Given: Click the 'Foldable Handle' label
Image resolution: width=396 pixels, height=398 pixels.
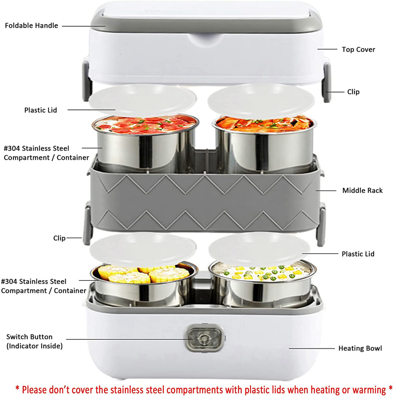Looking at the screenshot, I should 31,25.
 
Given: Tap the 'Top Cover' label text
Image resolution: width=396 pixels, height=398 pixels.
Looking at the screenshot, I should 358,50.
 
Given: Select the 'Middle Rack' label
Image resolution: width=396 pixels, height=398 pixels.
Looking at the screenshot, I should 362,190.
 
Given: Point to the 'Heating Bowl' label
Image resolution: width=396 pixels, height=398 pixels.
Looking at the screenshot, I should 360,348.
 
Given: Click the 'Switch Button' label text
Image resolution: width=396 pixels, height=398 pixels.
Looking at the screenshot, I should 30,337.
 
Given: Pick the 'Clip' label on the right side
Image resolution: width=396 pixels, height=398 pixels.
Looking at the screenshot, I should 353,92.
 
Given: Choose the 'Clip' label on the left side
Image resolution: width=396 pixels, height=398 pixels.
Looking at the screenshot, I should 59,238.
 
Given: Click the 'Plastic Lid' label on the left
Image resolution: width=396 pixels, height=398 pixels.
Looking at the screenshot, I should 41,110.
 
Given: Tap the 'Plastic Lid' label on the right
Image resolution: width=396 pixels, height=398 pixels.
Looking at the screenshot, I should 358,254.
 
